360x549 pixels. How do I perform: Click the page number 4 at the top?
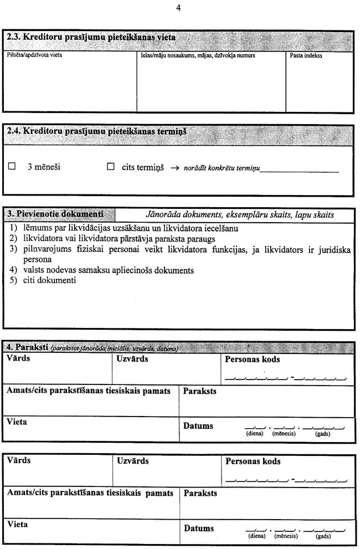point(178,8)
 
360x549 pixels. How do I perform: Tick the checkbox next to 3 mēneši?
point(12,166)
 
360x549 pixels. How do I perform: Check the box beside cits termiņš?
point(110,166)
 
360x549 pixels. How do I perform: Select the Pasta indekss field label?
point(306,56)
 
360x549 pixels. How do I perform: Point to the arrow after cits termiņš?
point(173,167)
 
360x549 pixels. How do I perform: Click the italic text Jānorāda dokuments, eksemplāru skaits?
point(239,214)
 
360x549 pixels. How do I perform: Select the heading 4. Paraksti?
point(28,347)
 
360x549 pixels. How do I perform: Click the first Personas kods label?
point(253,360)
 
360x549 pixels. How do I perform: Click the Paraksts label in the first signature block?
point(200,392)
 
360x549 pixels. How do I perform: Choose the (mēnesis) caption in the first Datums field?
point(285,434)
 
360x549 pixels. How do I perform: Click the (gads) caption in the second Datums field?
point(323,537)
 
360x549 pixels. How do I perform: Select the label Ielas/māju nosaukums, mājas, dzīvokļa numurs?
point(196,56)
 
